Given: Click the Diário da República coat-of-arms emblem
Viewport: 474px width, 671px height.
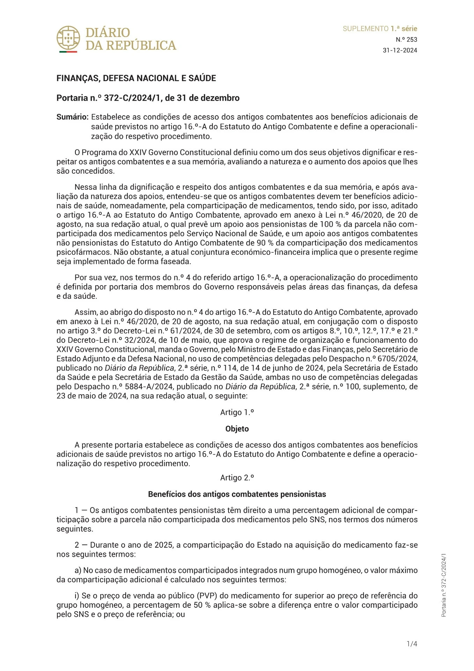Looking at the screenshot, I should click(68, 37).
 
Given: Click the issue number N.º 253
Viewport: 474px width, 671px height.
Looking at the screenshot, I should click(406, 39).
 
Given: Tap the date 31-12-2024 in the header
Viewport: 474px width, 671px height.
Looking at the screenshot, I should click(400, 50).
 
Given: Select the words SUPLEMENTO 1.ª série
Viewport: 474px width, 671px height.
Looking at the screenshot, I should click(380, 29).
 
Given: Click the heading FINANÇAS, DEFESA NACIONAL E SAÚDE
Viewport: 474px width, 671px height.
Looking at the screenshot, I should click(136, 78).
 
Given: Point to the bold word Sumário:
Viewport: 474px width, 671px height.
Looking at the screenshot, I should click(72, 117).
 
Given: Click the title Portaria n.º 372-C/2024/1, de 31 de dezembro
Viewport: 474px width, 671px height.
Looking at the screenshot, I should click(148, 98).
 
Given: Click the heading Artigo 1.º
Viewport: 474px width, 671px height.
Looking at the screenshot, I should click(237, 412).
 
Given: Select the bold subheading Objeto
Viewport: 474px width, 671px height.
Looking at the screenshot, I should click(237, 429).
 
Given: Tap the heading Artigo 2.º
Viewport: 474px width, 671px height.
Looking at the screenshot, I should click(237, 478).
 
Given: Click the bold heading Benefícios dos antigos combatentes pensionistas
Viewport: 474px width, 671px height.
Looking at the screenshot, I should click(237, 494).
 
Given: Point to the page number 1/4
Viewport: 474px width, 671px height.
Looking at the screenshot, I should click(412, 644).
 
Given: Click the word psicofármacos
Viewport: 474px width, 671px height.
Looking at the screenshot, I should click(79, 252).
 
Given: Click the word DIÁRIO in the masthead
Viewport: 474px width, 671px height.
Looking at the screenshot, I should click(108, 33).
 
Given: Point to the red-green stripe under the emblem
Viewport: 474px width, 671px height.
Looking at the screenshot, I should click(68, 52).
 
